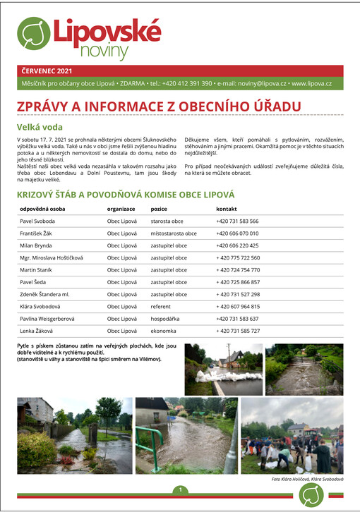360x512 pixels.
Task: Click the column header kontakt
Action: [227, 209]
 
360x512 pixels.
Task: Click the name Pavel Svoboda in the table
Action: [40, 221]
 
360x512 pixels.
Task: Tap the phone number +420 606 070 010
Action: [238, 233]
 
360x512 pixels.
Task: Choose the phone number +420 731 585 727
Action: [238, 331]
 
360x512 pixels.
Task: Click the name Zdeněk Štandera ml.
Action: [44, 294]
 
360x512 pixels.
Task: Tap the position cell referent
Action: [162, 306]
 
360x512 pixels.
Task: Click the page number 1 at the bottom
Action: [181, 490]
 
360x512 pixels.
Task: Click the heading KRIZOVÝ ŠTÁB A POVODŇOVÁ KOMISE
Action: [126, 194]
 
